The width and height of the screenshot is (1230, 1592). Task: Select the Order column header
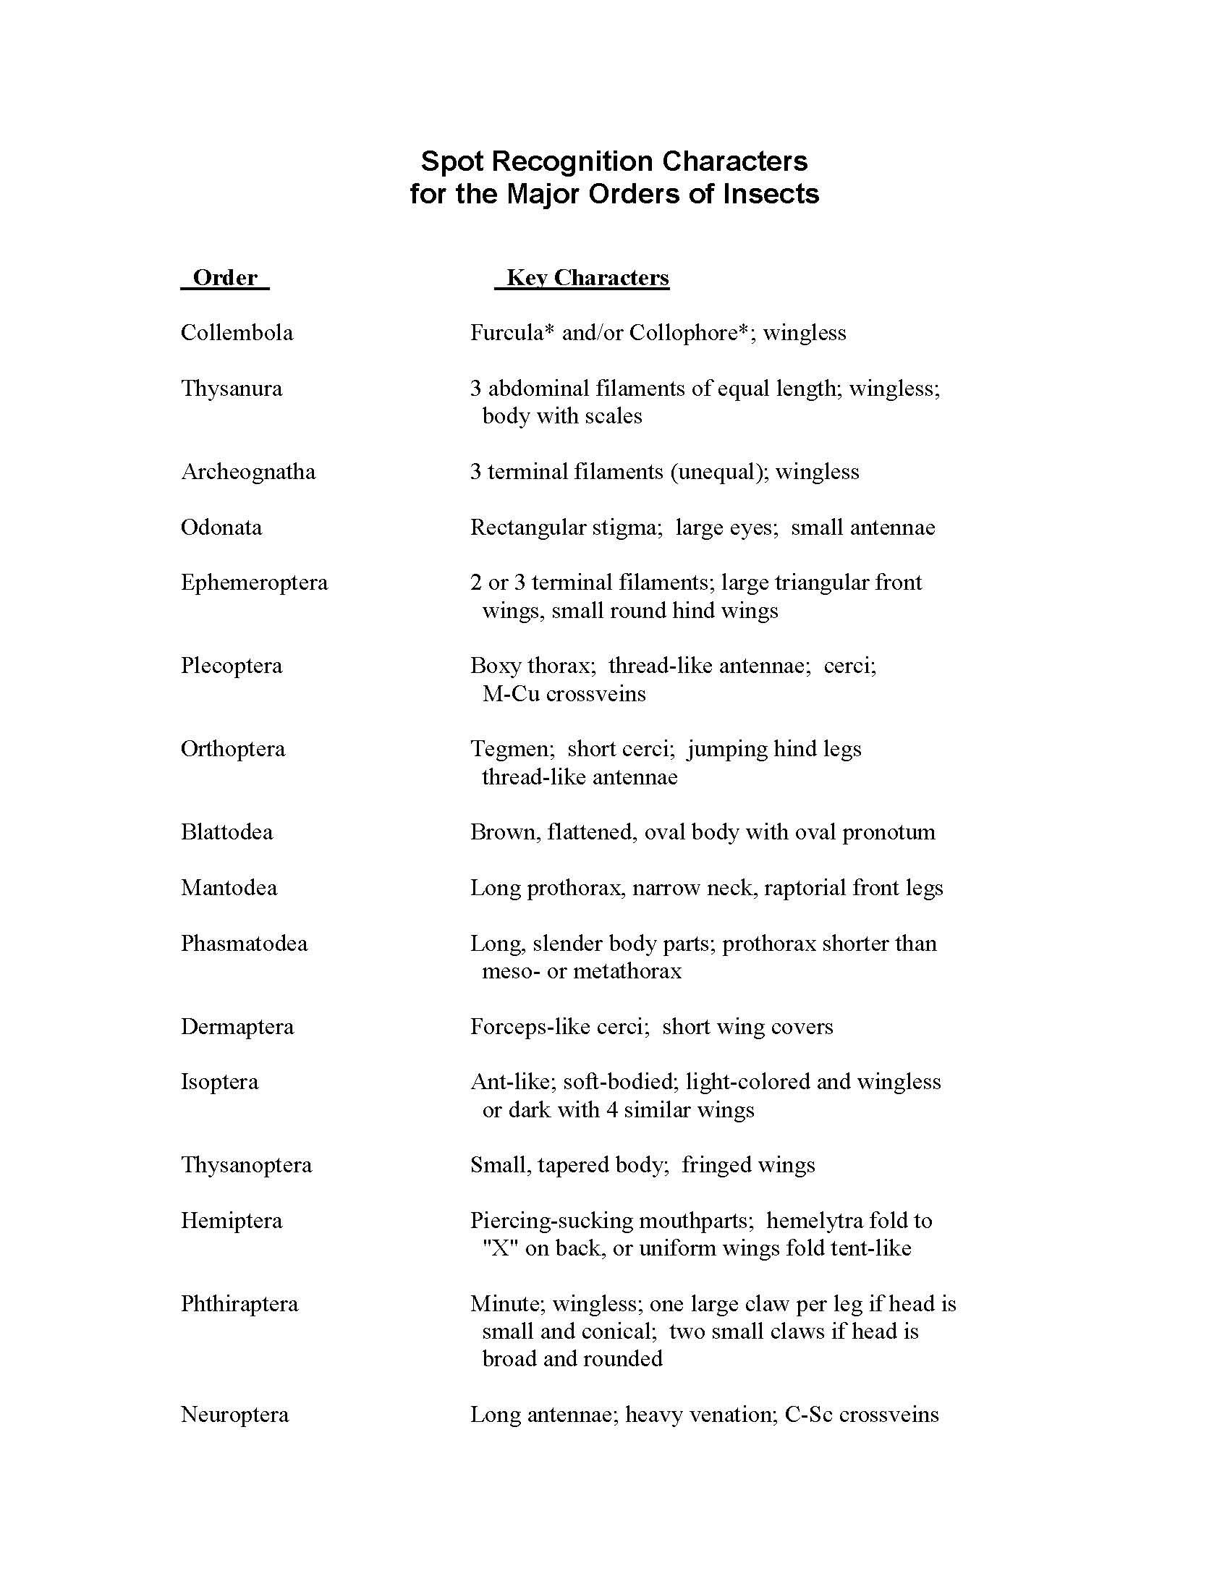click(x=225, y=278)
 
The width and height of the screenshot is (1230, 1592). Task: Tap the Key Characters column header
click(x=588, y=278)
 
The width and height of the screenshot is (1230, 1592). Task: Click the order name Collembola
click(x=237, y=333)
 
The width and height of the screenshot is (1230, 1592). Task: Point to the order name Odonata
click(x=221, y=527)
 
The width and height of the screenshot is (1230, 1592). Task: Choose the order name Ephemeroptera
click(x=254, y=583)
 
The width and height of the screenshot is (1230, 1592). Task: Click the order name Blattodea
click(x=226, y=831)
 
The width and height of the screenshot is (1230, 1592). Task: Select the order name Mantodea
click(x=229, y=887)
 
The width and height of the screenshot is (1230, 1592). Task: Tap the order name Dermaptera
click(x=237, y=1026)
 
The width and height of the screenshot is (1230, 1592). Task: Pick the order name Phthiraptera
click(x=239, y=1303)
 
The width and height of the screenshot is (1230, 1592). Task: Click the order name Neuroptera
click(x=234, y=1414)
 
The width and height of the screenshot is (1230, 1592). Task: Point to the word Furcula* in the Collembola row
click(x=507, y=333)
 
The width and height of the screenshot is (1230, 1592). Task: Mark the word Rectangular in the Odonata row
click(x=527, y=527)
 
